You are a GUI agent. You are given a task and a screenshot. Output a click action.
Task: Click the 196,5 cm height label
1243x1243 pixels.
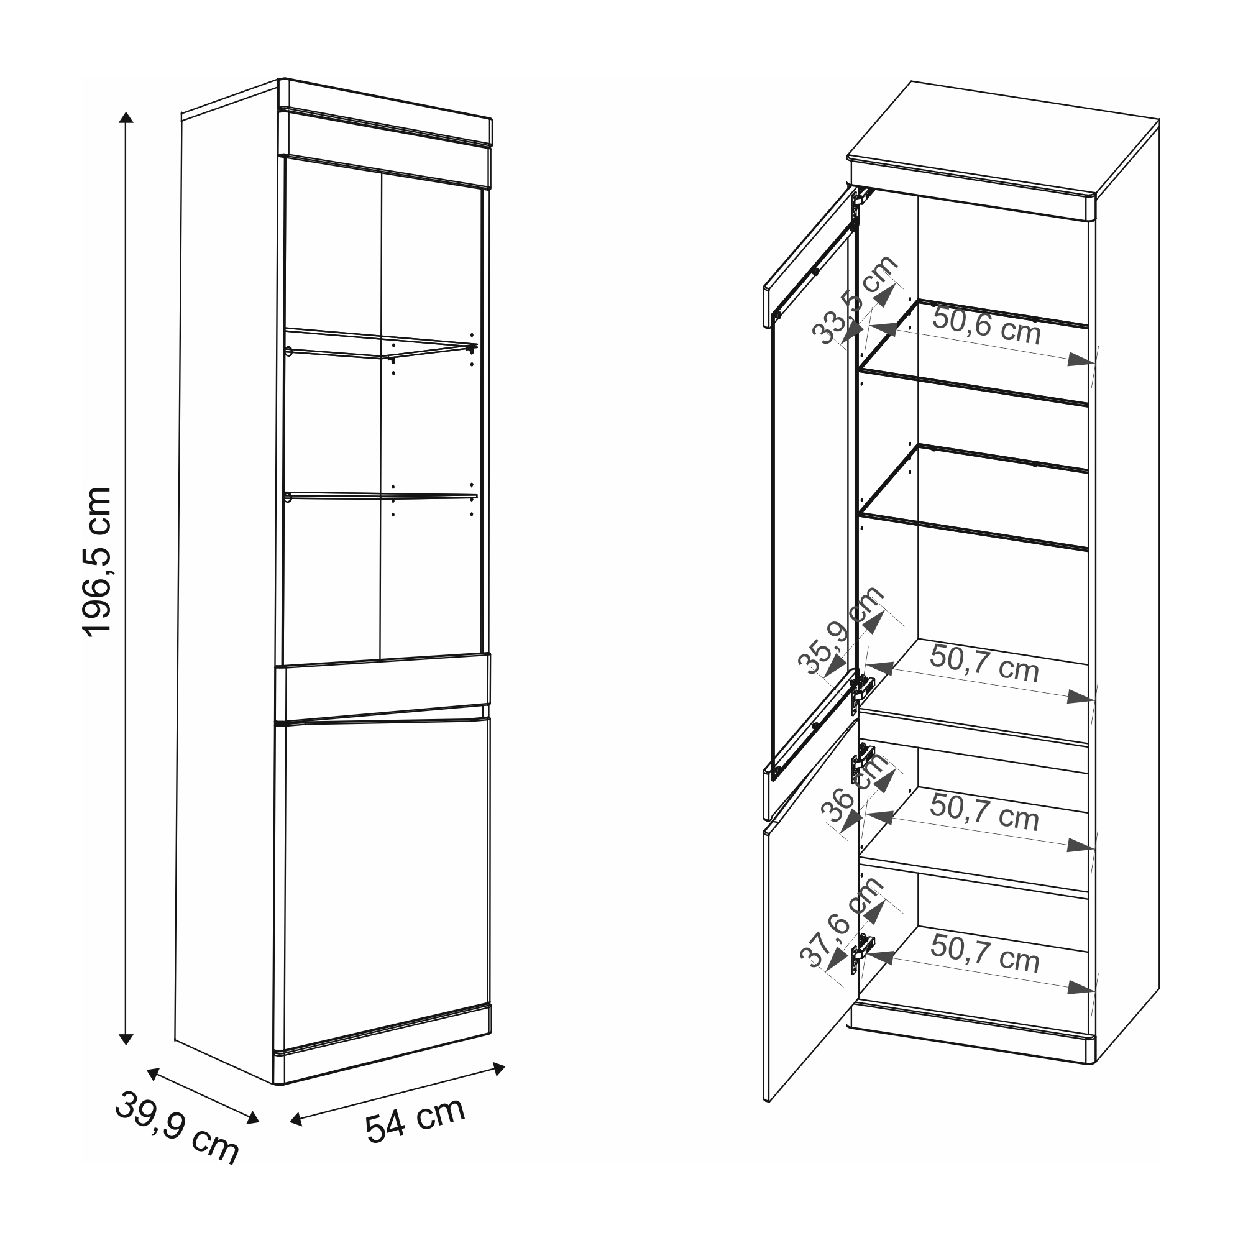[x=98, y=562]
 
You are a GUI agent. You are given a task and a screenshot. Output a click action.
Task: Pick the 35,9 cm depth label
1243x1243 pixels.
[x=841, y=630]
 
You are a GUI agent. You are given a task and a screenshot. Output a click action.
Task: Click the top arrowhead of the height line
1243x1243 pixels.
[x=127, y=117]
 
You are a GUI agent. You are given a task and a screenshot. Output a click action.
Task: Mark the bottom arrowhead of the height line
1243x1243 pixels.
[x=127, y=1039]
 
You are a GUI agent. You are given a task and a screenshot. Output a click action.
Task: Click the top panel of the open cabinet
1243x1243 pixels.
[x=1004, y=139]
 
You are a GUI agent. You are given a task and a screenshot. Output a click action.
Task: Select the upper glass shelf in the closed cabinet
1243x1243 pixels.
[x=381, y=344]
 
